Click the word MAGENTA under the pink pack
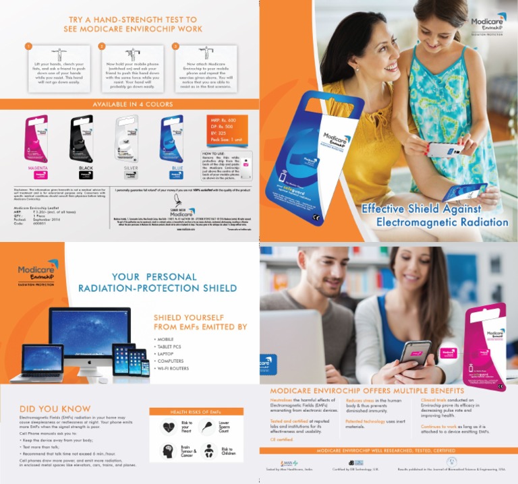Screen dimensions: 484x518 point(36,167)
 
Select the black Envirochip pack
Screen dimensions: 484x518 point(82,138)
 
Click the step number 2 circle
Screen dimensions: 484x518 point(102,47)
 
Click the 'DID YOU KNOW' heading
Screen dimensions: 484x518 point(55,409)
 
